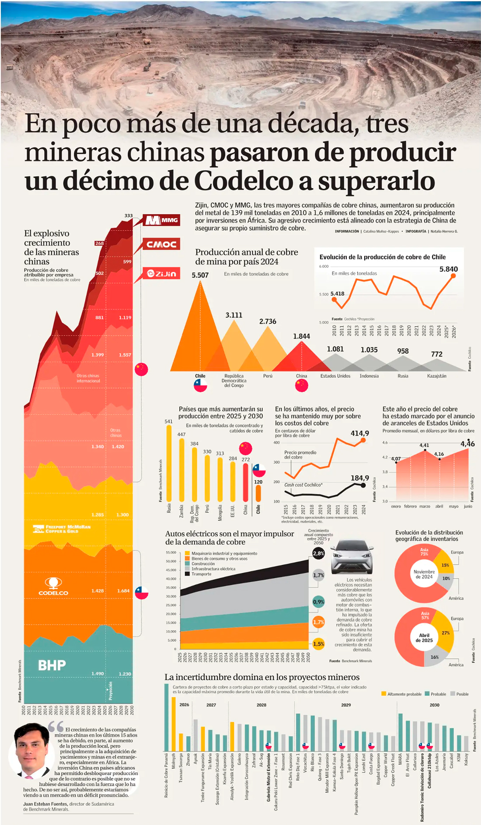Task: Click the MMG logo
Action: (x=161, y=220)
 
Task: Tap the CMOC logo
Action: (x=161, y=244)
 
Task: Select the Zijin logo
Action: (x=161, y=273)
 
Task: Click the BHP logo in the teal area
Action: (x=52, y=665)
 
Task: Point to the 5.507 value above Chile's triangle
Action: (x=200, y=275)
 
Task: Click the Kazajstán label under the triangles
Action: (x=436, y=376)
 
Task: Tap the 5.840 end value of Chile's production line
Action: (x=448, y=269)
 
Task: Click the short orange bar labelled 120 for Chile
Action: (x=258, y=493)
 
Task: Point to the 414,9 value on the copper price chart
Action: (x=359, y=433)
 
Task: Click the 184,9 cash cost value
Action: (x=359, y=478)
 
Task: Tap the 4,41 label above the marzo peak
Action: (x=424, y=445)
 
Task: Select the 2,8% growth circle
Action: (x=318, y=553)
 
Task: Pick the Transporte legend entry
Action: (x=201, y=574)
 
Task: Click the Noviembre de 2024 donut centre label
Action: (x=424, y=574)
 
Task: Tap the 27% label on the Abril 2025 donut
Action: (x=446, y=633)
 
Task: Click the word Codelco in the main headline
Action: (x=243, y=181)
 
